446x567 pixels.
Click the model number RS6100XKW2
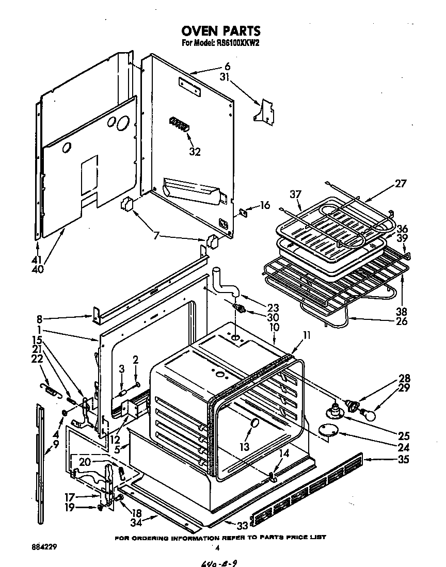click(235, 44)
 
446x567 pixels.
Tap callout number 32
click(195, 152)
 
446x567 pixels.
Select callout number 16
click(264, 205)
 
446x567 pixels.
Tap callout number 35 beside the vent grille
click(404, 459)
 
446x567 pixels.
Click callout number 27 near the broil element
click(401, 183)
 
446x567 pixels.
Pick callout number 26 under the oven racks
click(401, 321)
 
